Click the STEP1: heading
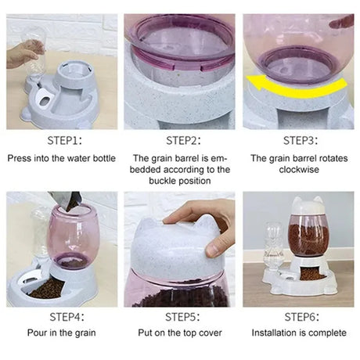coord(64,141)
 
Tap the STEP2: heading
coord(183,141)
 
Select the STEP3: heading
coord(301,141)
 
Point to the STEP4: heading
coord(67,317)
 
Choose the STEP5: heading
coord(182,317)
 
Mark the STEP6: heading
coord(301,317)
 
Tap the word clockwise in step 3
coord(299,170)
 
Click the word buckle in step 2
coord(163,181)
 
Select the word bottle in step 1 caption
coord(103,158)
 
